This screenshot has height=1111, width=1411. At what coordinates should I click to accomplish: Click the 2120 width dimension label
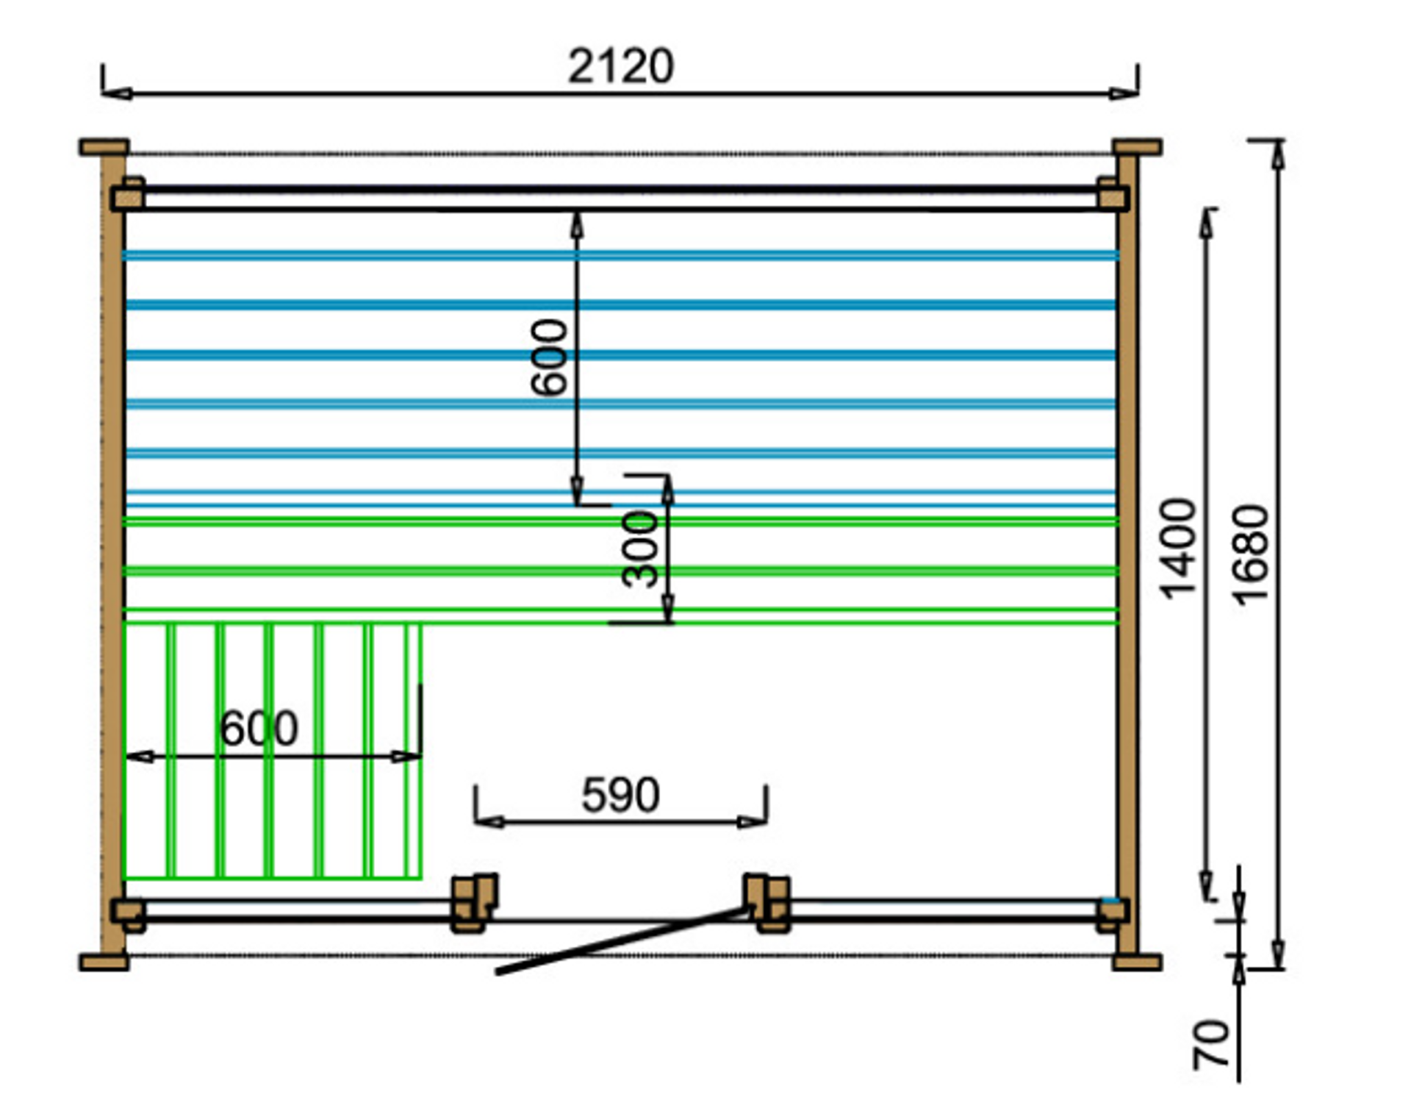(621, 66)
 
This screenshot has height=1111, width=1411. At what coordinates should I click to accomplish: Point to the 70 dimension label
(1210, 1044)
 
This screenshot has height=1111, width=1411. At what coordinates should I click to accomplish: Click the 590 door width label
(621, 795)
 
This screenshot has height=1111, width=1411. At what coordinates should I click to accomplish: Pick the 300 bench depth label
(639, 549)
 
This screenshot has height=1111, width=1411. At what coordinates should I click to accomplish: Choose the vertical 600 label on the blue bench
(549, 357)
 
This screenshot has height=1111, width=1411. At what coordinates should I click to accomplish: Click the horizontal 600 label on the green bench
(259, 728)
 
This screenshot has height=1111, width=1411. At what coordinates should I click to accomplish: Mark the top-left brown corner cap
(104, 147)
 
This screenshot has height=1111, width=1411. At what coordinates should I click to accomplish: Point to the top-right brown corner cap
(1137, 147)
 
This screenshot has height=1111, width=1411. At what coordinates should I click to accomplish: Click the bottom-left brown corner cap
(104, 962)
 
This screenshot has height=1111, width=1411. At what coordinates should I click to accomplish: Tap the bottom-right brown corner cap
(1137, 962)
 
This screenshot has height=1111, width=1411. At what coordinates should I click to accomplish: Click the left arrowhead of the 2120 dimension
(118, 93)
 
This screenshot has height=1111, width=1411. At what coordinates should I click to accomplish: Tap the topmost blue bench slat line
(621, 256)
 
